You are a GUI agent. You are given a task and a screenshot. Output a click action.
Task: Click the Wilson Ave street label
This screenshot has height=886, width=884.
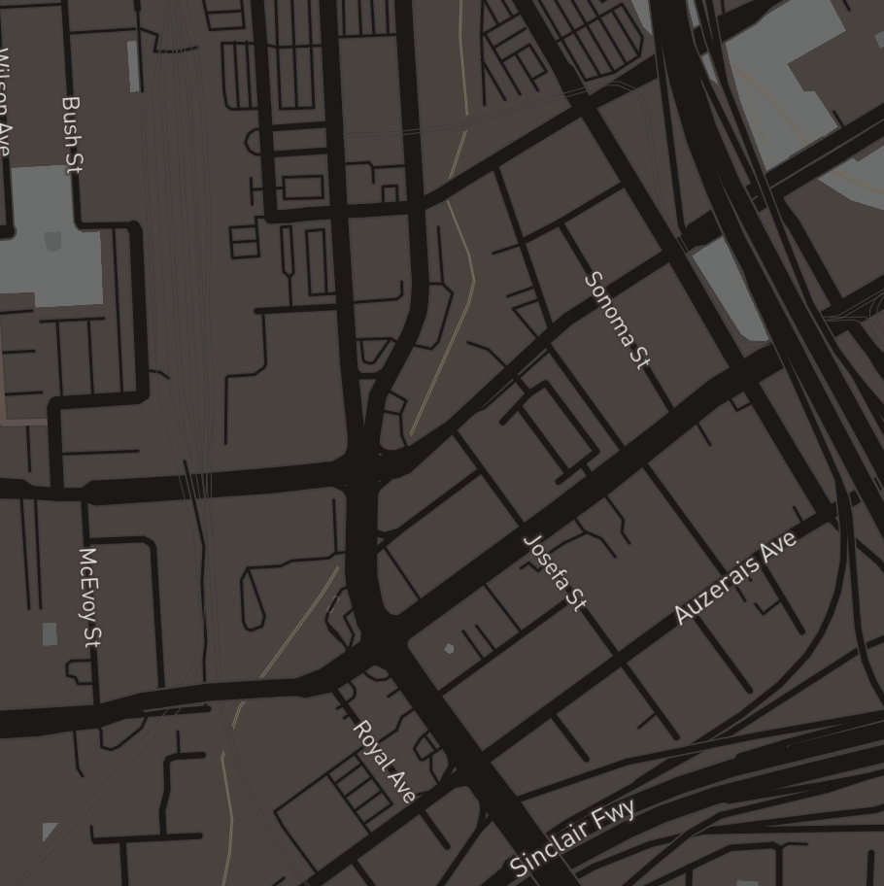(5, 102)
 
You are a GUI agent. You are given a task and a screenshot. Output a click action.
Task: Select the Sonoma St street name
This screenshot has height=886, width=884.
(616, 321)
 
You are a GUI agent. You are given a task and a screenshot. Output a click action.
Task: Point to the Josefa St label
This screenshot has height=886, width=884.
(555, 572)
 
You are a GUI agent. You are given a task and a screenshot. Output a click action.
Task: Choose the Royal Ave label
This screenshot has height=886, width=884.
(384, 762)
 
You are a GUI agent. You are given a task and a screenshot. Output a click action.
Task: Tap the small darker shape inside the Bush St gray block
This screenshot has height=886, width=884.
(52, 241)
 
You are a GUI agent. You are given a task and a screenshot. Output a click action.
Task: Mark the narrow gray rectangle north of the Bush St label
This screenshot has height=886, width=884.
(134, 66)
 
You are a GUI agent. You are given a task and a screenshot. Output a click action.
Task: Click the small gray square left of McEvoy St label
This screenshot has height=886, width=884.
(50, 634)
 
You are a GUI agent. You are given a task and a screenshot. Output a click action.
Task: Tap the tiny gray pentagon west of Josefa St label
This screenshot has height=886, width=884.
(448, 648)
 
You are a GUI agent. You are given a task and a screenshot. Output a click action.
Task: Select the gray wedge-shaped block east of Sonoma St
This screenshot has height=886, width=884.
(731, 288)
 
